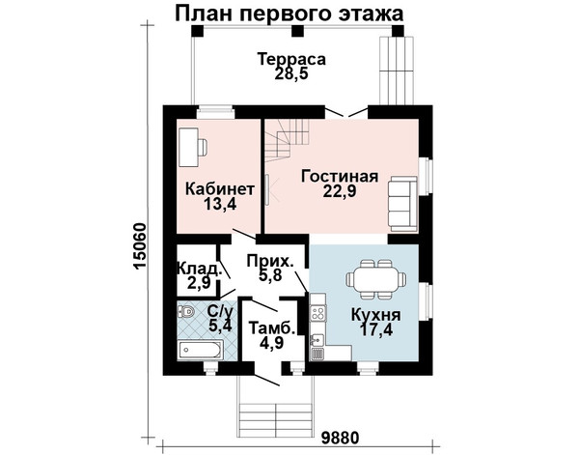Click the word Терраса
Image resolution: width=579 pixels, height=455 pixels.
[291, 59]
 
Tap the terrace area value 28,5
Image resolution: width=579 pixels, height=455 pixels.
[291, 73]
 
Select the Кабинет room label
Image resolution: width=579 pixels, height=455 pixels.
[220, 189]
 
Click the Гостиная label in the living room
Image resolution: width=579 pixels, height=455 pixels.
[340, 177]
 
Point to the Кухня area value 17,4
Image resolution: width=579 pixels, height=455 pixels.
[376, 329]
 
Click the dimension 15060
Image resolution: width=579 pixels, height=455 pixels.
[141, 246]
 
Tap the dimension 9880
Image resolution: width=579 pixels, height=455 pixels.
[340, 439]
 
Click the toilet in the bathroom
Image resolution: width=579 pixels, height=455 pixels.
[186, 312]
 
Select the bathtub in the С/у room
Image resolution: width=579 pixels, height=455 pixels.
[200, 350]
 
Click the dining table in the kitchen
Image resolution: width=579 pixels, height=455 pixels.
[376, 279]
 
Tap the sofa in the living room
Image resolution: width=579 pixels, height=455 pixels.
[402, 204]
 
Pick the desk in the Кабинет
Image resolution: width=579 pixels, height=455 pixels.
[189, 147]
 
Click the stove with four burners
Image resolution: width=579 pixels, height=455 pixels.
[318, 313]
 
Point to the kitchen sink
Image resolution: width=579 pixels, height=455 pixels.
[317, 338]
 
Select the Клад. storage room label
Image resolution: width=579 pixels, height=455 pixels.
[200, 268]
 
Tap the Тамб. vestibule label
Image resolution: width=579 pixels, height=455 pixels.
[272, 328]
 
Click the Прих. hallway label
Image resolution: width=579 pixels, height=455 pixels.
[270, 261]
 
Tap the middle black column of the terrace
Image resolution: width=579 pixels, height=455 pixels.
[297, 31]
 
